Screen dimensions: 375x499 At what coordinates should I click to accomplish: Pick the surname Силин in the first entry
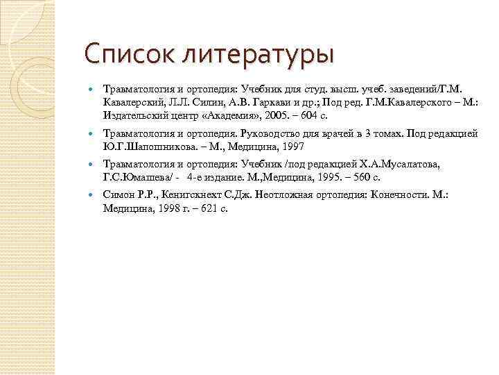click(x=196, y=102)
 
